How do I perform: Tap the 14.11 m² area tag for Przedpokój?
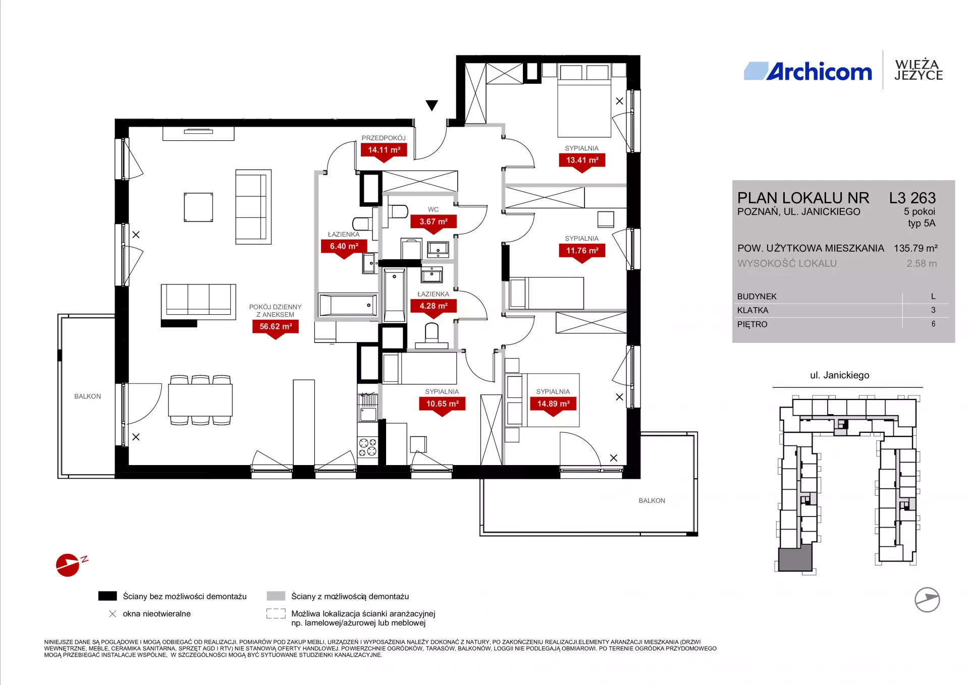[x=384, y=151]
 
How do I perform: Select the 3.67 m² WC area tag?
[x=434, y=222]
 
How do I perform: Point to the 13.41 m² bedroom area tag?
[x=582, y=161]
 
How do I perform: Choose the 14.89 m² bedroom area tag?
[x=553, y=405]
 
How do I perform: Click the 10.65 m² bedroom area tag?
[x=442, y=405]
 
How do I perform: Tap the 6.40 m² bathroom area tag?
[x=344, y=247]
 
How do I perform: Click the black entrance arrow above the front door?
[x=432, y=105]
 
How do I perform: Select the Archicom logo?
[x=808, y=72]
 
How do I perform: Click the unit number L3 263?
[x=912, y=198]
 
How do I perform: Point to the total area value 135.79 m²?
[x=916, y=248]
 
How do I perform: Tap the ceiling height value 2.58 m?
[x=922, y=263]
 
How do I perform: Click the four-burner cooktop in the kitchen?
[x=367, y=447]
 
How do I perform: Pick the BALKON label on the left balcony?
[x=87, y=396]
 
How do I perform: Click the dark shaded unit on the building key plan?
[x=795, y=559]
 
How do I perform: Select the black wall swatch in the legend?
[x=107, y=596]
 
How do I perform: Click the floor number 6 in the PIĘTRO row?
[x=933, y=324]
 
